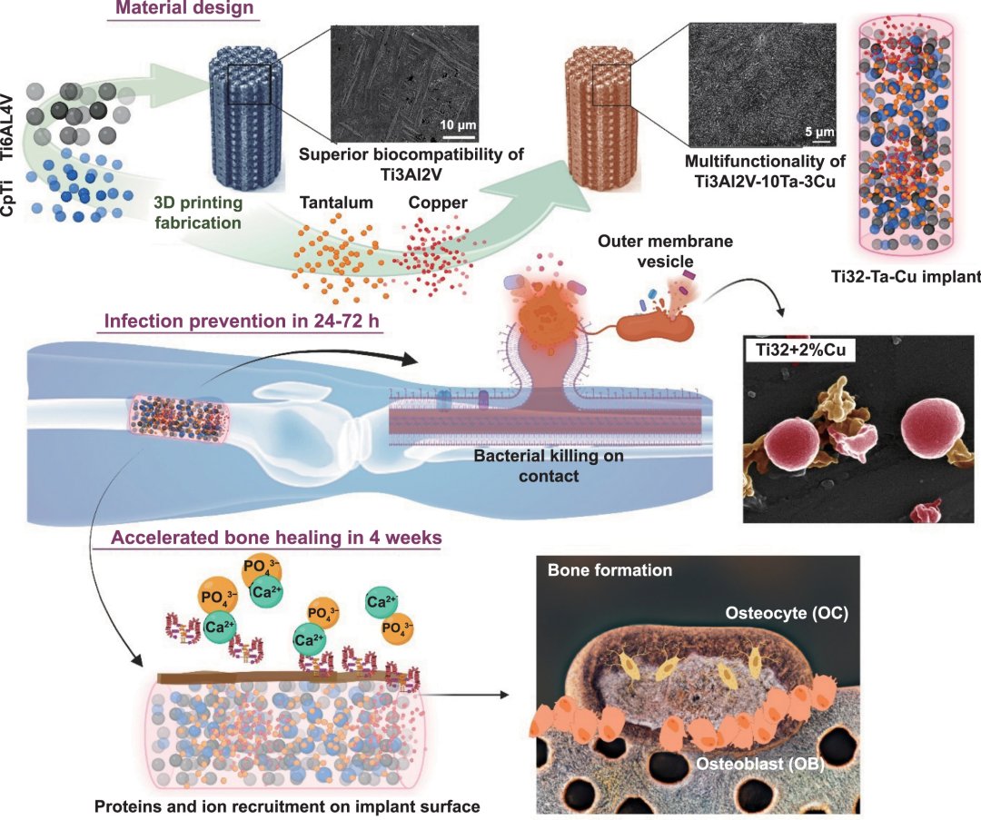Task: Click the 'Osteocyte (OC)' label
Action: [x=786, y=613]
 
